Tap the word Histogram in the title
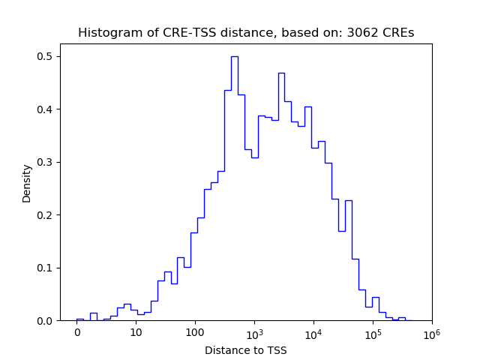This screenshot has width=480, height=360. tap(105, 33)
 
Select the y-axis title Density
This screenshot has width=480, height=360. tap(27, 183)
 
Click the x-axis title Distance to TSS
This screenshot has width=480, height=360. tap(246, 349)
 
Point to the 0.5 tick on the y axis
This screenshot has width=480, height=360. tap(46, 56)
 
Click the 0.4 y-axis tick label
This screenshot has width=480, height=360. tap(46, 109)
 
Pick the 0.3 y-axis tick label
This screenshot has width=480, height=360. tap(46, 162)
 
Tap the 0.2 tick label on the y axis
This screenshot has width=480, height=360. tap(46, 215)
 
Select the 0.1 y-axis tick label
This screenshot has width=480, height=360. tap(46, 268)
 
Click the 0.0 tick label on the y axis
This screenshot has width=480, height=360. tap(46, 321)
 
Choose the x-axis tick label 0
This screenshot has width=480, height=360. tap(76, 332)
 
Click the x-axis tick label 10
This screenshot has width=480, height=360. tap(136, 332)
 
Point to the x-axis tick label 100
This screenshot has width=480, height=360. tap(195, 332)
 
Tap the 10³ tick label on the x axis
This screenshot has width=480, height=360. tap(254, 331)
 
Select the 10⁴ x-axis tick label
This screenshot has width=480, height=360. tap(313, 331)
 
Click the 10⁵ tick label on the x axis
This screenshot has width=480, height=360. tap(373, 331)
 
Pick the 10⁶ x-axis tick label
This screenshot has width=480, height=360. tap(432, 331)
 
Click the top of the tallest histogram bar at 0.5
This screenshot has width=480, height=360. tap(235, 56)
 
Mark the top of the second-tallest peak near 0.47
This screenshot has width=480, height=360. tap(281, 73)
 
